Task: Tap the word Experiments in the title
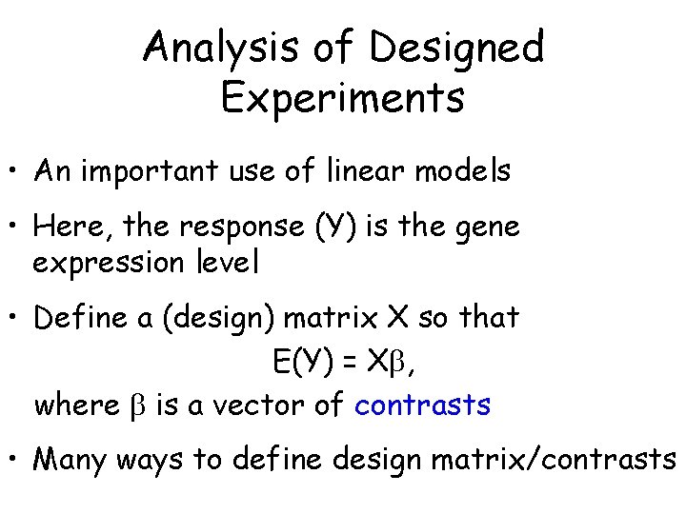[342, 97]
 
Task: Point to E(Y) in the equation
[298, 362]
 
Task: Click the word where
[77, 405]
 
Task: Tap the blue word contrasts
[422, 405]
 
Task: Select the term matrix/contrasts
[554, 461]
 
